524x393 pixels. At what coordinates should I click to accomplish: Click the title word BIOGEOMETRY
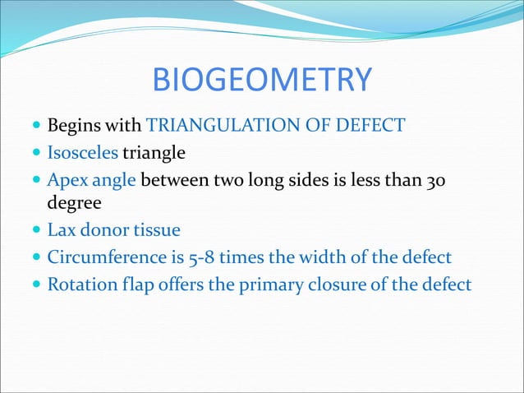click(x=262, y=80)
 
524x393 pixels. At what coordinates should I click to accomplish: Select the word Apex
click(x=67, y=179)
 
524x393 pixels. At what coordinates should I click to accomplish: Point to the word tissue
click(x=158, y=231)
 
